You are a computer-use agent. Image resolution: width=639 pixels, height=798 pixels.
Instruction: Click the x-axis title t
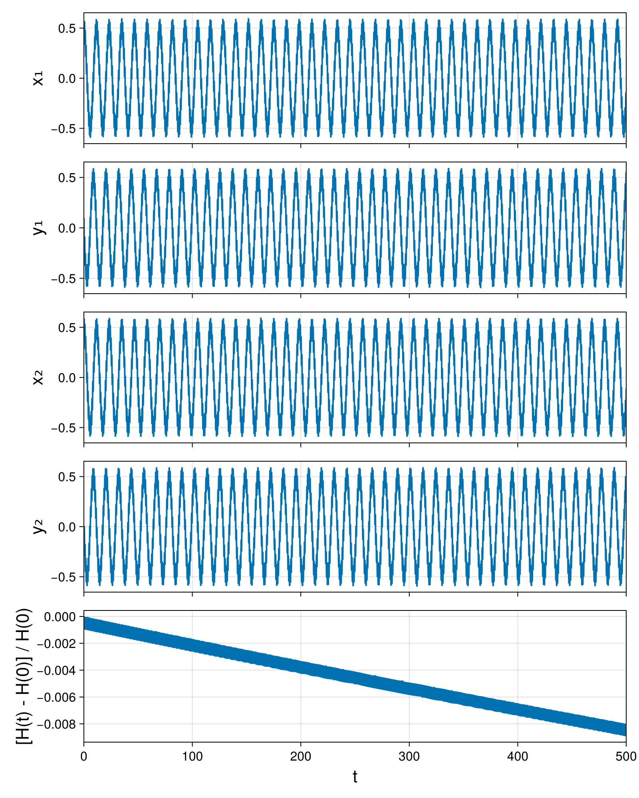(355, 777)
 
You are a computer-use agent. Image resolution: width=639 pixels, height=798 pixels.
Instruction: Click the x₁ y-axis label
(38, 78)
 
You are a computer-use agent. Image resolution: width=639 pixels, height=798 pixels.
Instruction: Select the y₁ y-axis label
(39, 228)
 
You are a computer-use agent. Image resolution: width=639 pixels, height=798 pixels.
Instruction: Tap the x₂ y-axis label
(38, 377)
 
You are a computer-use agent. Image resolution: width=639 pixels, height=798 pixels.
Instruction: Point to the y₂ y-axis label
(39, 527)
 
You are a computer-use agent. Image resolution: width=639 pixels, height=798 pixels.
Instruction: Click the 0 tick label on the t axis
(83, 756)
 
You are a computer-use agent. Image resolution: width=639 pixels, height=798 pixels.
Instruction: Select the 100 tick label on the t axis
(192, 756)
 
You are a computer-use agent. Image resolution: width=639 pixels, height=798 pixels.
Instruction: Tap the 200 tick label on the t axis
(300, 756)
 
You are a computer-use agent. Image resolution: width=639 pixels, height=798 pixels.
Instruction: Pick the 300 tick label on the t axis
(409, 756)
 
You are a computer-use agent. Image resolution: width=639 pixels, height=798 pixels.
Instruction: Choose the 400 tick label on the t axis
(518, 756)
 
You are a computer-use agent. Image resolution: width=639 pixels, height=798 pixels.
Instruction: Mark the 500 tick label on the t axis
(626, 756)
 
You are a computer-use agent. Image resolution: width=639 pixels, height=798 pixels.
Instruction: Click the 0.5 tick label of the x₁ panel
(67, 28)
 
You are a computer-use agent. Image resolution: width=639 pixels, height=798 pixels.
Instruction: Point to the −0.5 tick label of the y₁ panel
(64, 278)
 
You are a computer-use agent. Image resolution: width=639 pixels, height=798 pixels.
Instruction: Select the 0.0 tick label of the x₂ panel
(67, 377)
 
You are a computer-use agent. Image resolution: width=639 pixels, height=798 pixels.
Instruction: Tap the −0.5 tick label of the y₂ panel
(64, 577)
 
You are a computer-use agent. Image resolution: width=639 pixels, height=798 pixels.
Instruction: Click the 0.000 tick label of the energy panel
(60, 617)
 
